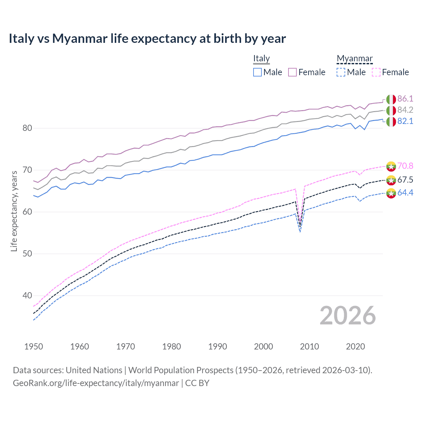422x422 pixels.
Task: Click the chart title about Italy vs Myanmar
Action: pos(147,39)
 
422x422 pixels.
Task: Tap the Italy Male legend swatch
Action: pos(257,72)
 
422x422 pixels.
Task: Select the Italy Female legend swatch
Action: pos(292,72)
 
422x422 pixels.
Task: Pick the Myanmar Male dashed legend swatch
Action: pos(341,72)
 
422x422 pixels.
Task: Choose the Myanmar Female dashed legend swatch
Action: pos(376,72)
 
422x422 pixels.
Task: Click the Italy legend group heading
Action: pos(261,58)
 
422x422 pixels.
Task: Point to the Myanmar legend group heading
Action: pos(354,58)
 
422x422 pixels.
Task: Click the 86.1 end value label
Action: pos(405,99)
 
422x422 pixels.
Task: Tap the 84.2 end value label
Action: pos(405,110)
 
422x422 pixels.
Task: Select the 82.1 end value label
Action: pos(405,121)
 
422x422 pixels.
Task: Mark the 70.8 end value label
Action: pos(405,166)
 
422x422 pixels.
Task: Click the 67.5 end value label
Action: pos(405,180)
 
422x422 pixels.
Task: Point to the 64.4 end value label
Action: pos(405,193)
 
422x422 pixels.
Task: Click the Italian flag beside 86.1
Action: pos(391,99)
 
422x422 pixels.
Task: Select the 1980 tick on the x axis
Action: pos(171,347)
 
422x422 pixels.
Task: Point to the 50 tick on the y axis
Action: pos(27,254)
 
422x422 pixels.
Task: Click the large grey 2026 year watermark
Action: pos(348,316)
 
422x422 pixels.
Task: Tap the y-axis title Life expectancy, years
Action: pos(14,211)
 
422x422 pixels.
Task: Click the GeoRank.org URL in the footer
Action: pos(96,383)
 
